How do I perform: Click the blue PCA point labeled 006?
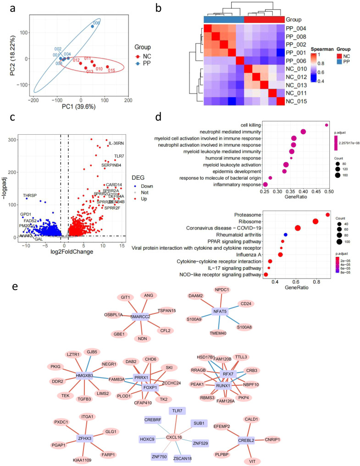pos(92,27)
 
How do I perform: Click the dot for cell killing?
pos(327,125)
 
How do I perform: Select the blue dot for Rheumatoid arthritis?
pos(286,235)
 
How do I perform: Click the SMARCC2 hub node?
pos(140,317)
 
